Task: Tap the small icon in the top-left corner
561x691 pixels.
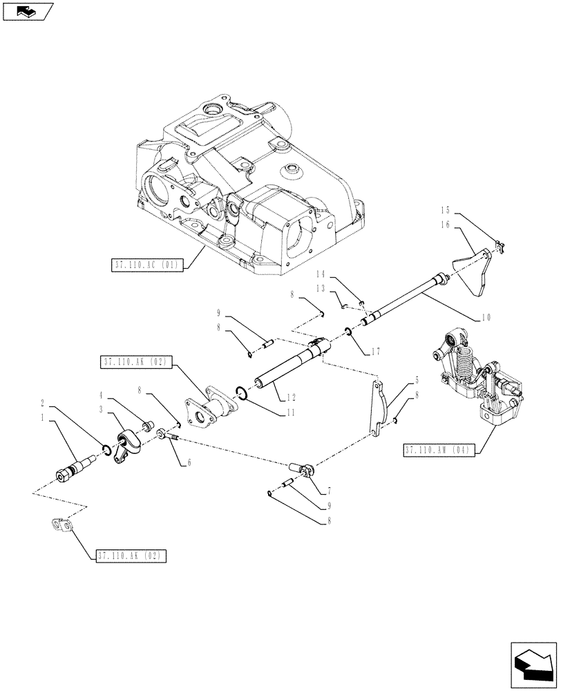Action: (27, 10)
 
